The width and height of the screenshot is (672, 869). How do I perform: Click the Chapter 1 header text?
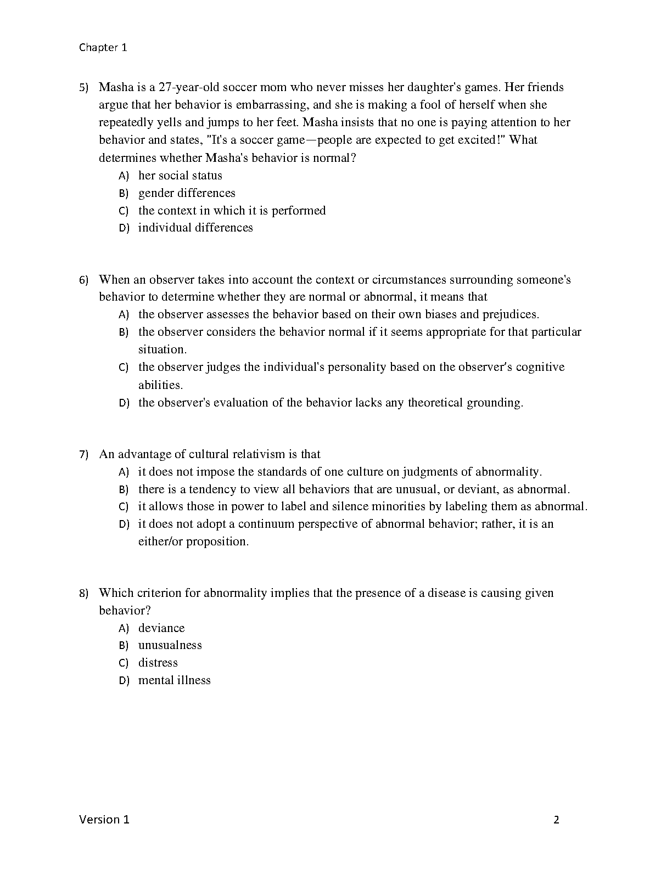103,47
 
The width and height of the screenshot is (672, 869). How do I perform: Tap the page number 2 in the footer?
556,820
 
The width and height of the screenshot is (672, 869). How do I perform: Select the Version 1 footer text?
104,820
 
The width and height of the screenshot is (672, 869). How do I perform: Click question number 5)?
83,87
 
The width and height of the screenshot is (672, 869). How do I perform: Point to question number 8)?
83,593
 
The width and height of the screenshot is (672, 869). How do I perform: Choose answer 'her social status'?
180,176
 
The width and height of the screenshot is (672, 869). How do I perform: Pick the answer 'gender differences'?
187,193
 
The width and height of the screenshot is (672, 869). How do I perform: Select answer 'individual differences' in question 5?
195,228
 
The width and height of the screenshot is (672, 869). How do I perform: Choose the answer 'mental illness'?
175,680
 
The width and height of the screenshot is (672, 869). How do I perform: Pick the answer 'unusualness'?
170,645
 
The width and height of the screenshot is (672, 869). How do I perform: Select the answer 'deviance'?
161,628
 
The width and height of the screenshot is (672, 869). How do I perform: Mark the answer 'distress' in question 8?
158,663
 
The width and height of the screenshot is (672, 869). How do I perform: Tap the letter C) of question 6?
124,368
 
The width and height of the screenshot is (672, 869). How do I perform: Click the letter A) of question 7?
124,472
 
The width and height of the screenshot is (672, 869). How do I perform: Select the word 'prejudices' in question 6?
511,314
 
